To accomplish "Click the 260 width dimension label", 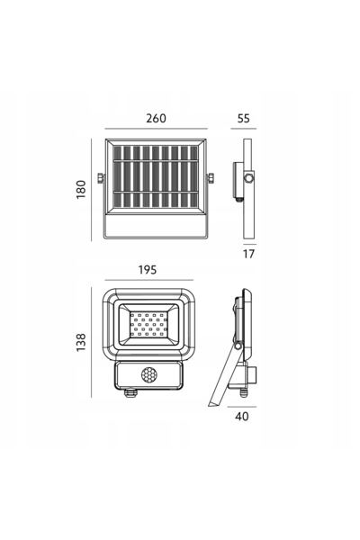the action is (x=156, y=118).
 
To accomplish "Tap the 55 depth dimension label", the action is (x=243, y=118).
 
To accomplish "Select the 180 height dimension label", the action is (x=81, y=189).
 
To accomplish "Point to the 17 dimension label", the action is (x=248, y=254).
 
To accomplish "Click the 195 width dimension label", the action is (x=148, y=270).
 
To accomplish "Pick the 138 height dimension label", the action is (x=81, y=342).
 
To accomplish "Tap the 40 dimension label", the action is (x=242, y=416).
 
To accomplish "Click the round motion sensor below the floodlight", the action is (x=148, y=374).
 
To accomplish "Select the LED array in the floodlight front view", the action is (x=148, y=324).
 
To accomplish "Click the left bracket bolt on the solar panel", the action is (x=101, y=178).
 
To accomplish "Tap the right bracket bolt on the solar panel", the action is (x=210, y=178).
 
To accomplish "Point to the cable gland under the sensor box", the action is (x=130, y=393).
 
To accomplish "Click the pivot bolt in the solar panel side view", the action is (x=248, y=178).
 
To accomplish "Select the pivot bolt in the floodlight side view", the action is (x=238, y=346).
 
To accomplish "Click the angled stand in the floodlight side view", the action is (x=222, y=376).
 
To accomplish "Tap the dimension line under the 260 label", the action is (x=156, y=129).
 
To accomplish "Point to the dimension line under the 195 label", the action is (x=148, y=280).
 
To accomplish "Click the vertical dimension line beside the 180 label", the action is (x=91, y=190).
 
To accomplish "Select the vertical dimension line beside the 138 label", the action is (x=91, y=342).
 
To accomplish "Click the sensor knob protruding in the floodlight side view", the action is (x=253, y=375).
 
